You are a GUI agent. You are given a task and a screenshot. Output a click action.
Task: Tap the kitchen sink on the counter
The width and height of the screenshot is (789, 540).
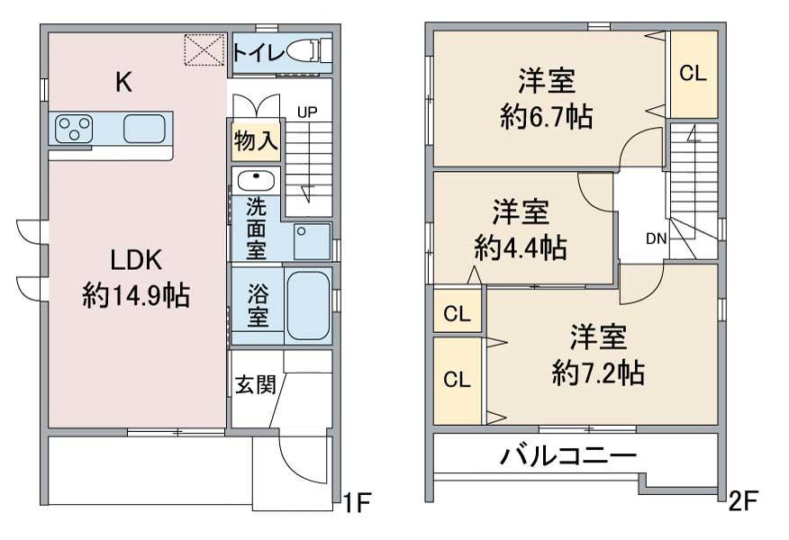[144, 128]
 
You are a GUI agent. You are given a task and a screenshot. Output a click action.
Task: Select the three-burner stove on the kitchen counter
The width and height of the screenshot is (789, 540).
[74, 129]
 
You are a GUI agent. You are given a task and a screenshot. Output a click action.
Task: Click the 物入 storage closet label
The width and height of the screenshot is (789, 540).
[256, 140]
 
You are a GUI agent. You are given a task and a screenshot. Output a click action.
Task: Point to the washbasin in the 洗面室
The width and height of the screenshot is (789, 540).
[256, 179]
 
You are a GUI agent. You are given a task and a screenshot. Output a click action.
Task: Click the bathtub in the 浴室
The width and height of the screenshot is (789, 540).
[308, 305]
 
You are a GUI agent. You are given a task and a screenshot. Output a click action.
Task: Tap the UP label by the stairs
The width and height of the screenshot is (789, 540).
[307, 112]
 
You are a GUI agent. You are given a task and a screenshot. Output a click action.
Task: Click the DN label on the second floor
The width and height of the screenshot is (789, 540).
[657, 238]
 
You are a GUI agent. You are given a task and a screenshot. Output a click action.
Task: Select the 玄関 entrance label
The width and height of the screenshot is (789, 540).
[256, 384]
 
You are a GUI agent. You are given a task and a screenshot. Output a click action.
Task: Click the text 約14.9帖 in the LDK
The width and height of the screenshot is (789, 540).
[136, 295]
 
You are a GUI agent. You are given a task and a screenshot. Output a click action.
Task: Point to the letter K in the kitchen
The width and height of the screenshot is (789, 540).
[123, 82]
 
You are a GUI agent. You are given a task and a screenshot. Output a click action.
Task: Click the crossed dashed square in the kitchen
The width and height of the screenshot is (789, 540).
[204, 49]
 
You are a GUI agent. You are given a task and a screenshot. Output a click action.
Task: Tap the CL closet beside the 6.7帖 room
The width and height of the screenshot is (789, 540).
[693, 74]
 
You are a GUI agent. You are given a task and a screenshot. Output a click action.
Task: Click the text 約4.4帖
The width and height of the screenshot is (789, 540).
[521, 247]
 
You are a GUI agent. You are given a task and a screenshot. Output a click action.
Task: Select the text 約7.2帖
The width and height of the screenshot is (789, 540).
[598, 373]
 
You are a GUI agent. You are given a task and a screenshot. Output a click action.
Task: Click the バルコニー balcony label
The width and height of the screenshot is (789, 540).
[568, 456]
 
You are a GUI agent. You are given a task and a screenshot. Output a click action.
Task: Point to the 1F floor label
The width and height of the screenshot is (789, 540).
[357, 502]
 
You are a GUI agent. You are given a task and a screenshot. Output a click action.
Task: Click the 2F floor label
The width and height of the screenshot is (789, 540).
[743, 500]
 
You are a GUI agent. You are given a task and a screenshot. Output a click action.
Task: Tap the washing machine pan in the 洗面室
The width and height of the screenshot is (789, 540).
[312, 241]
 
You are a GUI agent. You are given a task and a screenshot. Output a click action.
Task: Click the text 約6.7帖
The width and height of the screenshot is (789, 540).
[547, 117]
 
